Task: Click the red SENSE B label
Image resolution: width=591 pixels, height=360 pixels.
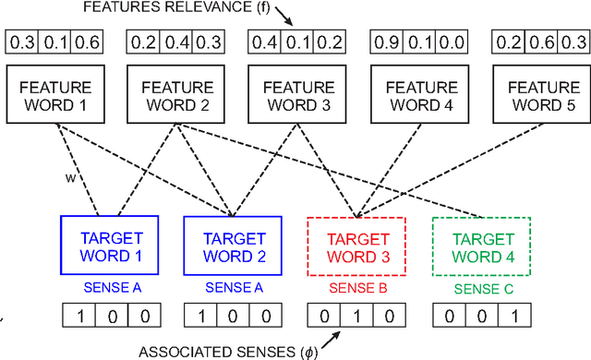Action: click(x=356, y=289)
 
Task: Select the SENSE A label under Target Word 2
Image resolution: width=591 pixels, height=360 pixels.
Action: click(x=233, y=287)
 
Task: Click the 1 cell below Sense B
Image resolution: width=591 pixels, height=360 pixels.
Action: click(x=356, y=316)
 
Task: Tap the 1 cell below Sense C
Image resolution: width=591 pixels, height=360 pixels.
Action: click(x=514, y=316)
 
